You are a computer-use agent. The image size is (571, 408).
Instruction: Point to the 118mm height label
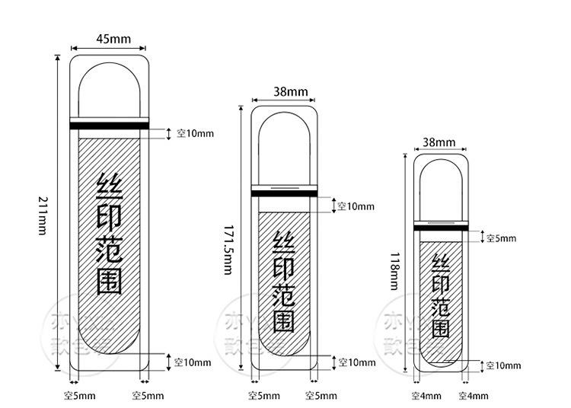394,271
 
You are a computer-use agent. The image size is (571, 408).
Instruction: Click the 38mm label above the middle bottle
290,92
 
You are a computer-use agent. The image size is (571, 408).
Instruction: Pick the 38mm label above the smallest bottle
439,142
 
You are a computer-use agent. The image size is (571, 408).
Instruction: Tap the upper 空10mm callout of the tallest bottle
196,133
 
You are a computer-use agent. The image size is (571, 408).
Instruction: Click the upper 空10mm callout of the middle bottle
356,206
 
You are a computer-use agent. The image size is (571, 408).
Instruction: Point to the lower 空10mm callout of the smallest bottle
503,366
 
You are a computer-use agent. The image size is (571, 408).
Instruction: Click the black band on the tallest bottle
109,126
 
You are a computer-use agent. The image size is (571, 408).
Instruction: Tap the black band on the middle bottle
284,193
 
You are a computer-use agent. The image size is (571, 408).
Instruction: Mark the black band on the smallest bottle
439,228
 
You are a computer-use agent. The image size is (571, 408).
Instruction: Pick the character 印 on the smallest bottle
440,284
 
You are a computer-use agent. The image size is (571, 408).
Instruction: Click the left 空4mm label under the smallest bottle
426,396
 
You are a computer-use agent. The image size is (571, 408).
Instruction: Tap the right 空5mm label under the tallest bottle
148,396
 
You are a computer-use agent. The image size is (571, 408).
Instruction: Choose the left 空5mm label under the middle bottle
264,396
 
